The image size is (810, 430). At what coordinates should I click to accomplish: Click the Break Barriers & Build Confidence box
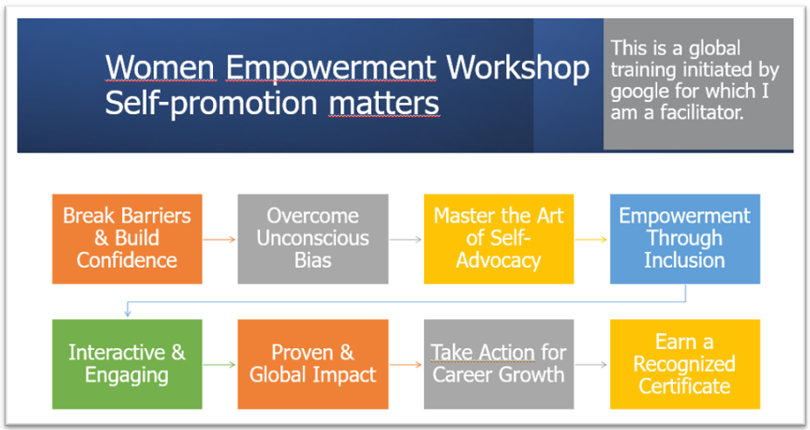tap(127, 239)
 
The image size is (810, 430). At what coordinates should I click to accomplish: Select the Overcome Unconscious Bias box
tap(313, 239)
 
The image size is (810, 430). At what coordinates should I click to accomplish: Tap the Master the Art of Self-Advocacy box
tap(499, 239)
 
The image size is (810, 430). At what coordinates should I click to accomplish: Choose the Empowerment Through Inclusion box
tap(685, 239)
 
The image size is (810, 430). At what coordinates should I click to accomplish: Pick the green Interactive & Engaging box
tap(127, 365)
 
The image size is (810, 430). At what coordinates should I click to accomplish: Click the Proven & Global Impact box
tap(313, 365)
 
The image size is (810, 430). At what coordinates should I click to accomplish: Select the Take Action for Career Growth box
tap(499, 365)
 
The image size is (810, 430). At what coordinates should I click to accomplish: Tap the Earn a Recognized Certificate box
tap(685, 365)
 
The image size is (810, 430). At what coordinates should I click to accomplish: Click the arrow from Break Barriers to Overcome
tap(220, 240)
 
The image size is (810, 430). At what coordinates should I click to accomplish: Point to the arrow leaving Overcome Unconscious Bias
tap(406, 240)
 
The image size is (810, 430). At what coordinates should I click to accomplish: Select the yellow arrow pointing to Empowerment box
tap(592, 240)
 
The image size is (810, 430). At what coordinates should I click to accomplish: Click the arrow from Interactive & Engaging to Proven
tap(220, 365)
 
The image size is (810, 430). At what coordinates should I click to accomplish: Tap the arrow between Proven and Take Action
tap(406, 365)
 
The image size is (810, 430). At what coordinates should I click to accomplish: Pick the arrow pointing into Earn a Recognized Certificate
tap(592, 365)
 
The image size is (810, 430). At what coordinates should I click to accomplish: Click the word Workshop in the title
tap(518, 69)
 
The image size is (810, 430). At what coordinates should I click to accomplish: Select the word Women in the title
tap(160, 68)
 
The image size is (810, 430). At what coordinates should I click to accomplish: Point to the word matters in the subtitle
tap(384, 103)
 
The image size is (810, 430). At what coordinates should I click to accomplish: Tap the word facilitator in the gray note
tap(702, 112)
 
